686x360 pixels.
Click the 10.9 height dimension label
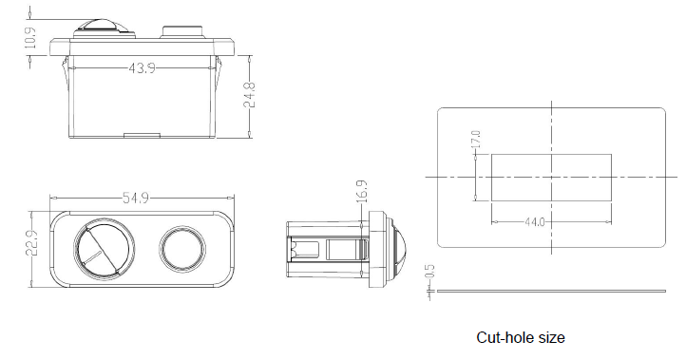point(30,38)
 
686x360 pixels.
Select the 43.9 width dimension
point(142,68)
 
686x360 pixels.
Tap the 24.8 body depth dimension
point(249,95)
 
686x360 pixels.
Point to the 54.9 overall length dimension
point(136,199)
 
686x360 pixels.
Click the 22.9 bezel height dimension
point(31,243)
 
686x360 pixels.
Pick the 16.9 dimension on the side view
point(362,192)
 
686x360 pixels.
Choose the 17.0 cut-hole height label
point(476,139)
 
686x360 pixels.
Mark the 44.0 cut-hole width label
point(535,222)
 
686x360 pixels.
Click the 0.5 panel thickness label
point(429,272)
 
